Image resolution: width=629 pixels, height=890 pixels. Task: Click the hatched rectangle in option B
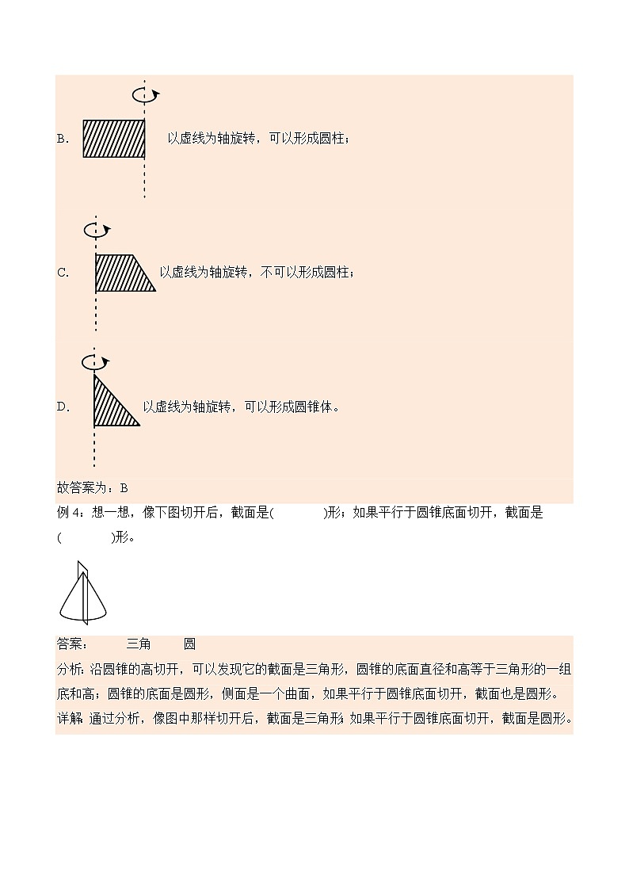click(114, 139)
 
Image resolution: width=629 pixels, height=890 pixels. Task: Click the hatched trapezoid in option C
click(122, 273)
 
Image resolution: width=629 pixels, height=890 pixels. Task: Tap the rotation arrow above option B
click(145, 95)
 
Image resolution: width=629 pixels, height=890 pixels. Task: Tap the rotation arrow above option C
click(97, 230)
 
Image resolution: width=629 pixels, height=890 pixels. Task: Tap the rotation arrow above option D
click(95, 362)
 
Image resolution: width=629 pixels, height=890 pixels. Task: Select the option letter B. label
click(63, 139)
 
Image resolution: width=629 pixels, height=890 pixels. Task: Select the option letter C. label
click(63, 273)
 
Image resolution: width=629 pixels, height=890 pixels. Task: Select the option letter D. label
click(63, 407)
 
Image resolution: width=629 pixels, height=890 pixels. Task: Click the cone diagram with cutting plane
click(82, 594)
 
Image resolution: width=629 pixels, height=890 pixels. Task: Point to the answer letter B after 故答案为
click(124, 488)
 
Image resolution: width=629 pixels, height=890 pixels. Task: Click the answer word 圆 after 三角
click(189, 644)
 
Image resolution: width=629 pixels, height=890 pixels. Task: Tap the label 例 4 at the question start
click(69, 513)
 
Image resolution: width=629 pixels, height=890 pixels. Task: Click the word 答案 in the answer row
click(70, 644)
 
